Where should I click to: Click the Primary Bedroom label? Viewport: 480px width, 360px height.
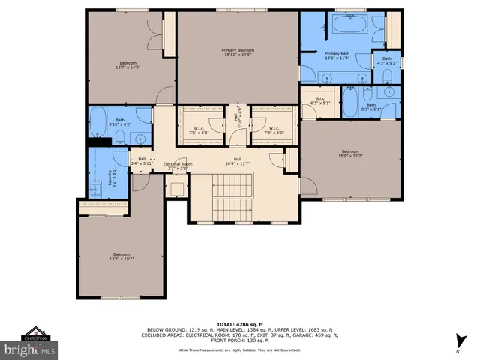(237, 50)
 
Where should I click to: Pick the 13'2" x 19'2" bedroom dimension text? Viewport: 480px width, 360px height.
(121, 259)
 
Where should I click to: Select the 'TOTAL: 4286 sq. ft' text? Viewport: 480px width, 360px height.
(240, 323)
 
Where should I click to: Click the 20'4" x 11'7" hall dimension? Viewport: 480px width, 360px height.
(237, 163)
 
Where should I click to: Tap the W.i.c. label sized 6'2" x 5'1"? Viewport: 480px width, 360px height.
(319, 101)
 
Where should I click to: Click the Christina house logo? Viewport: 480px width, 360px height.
(33, 332)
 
